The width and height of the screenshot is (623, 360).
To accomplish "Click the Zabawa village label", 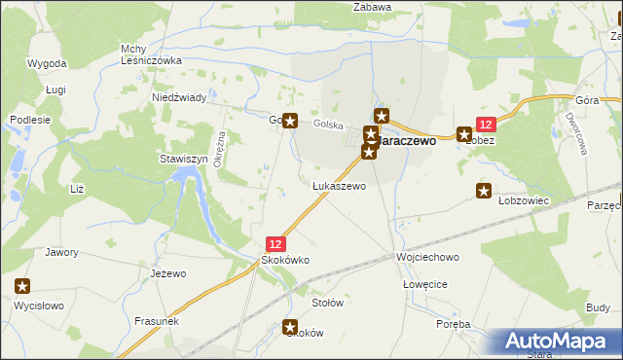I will pos(372,8).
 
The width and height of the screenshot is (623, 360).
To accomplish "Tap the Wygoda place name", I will pos(47,63).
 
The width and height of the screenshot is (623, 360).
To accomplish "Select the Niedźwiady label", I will pos(179,98).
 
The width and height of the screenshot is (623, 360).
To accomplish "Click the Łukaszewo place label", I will pos(339,186).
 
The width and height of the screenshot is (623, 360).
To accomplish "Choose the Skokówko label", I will pos(284,260).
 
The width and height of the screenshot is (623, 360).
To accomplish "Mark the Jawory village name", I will pos(61,252).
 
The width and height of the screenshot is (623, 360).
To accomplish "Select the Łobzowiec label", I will pos(525,199).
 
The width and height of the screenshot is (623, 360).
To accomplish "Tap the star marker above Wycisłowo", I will pos(23,286).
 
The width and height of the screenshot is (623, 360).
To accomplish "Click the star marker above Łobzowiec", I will pos(484,191).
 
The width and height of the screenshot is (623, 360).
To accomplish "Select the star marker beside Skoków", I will pos(290,328).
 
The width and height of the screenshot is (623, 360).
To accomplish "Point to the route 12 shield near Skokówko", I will pos(276,243).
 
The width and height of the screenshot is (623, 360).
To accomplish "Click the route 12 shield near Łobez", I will pos(487,124).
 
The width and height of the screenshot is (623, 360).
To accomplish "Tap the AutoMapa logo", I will pos(553,341).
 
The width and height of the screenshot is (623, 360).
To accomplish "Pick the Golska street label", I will pos(329,126).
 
